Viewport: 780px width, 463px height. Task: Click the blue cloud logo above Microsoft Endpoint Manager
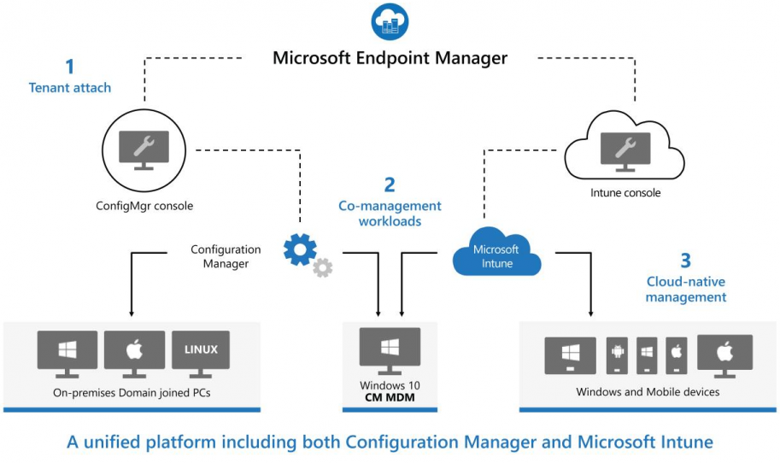point(390,21)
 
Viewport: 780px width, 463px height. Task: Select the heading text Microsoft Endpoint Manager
point(390,58)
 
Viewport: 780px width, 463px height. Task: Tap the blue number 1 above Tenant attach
point(70,67)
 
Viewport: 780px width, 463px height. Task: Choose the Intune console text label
point(625,193)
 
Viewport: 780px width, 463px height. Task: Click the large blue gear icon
point(300,249)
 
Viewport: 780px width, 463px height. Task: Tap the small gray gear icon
point(322,268)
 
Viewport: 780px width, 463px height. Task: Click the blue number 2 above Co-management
point(390,185)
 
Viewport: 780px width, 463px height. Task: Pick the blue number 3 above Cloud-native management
point(685,261)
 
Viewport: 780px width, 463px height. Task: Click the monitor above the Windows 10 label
point(390,349)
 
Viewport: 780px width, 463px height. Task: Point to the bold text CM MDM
point(390,397)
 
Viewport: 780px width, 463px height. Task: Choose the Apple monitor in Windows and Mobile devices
point(724,353)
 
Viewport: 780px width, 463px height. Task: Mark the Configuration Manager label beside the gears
point(226,256)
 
